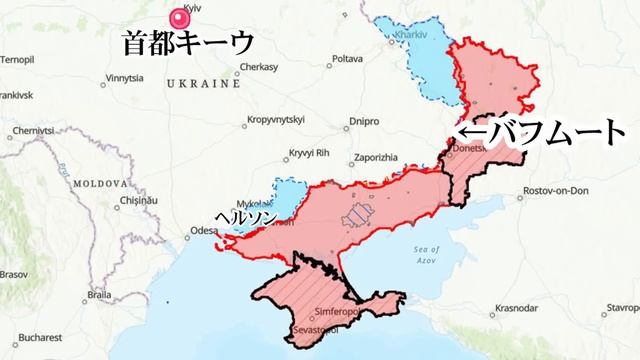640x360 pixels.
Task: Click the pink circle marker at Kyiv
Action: pyautogui.click(x=182, y=18)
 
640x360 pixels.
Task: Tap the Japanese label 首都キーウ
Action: pyautogui.click(x=187, y=43)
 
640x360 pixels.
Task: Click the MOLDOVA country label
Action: pyautogui.click(x=98, y=184)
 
